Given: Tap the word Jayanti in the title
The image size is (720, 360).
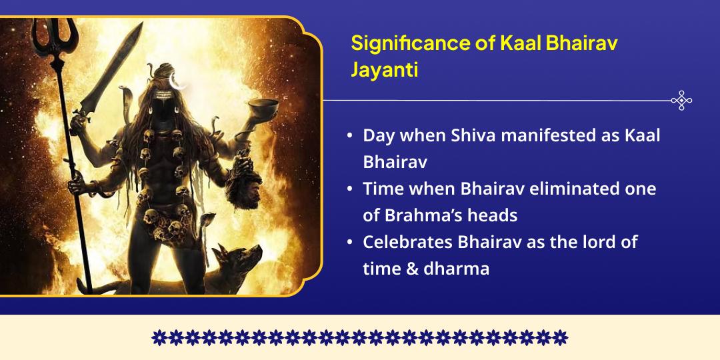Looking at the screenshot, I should click(x=385, y=69).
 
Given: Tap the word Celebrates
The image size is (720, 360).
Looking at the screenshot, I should click(x=407, y=241).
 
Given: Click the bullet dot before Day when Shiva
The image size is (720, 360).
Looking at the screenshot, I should click(x=350, y=136).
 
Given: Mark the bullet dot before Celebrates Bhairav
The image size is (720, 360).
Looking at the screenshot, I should click(x=350, y=242).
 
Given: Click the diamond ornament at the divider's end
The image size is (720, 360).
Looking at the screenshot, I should click(x=681, y=100).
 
